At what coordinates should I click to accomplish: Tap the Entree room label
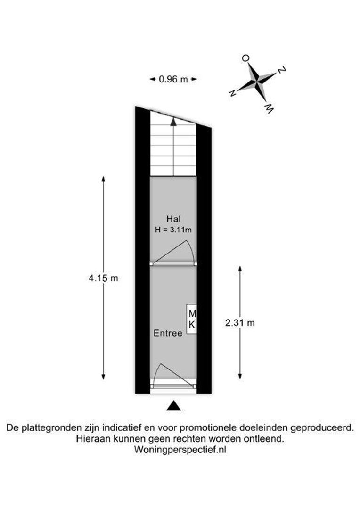click(x=168, y=333)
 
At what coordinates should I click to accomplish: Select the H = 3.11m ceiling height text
click(x=173, y=230)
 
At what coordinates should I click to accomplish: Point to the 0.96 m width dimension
click(x=173, y=79)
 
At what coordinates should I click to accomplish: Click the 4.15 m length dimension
click(x=103, y=278)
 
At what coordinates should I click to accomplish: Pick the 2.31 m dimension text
click(x=240, y=323)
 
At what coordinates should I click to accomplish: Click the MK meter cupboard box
click(x=192, y=319)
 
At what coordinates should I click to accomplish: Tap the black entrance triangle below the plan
click(x=174, y=406)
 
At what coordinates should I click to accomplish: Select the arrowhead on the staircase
click(x=173, y=122)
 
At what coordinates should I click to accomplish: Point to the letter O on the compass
click(x=246, y=58)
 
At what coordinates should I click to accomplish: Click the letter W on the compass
click(x=269, y=109)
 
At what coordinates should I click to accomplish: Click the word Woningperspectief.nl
click(x=180, y=450)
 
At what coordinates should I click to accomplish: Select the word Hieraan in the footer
click(x=90, y=439)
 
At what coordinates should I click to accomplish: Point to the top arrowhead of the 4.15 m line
click(x=103, y=179)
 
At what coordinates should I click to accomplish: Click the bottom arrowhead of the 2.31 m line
click(x=240, y=376)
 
